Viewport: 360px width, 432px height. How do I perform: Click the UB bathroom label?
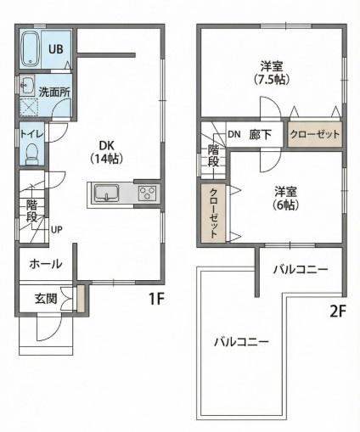pyautogui.click(x=56, y=49)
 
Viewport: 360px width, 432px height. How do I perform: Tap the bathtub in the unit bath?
pyautogui.click(x=31, y=49)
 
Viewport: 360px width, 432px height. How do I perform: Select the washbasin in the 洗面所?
pyautogui.click(x=28, y=85)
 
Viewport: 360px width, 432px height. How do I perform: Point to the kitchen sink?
pyautogui.click(x=107, y=193)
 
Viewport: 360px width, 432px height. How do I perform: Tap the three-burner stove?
pyautogui.click(x=147, y=194)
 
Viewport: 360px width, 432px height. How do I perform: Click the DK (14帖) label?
pyautogui.click(x=106, y=152)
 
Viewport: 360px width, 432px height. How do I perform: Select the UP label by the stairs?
pyautogui.click(x=57, y=230)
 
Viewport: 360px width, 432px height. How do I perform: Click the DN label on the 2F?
pyautogui.click(x=234, y=134)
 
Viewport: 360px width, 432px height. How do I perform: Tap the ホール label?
pyautogui.click(x=46, y=264)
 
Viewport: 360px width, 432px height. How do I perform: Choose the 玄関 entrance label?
pyautogui.click(x=46, y=299)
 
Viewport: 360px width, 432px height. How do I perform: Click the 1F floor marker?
pyautogui.click(x=156, y=299)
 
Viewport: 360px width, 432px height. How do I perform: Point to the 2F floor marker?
pyautogui.click(x=338, y=311)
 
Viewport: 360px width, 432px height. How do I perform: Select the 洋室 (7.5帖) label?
pyautogui.click(x=272, y=73)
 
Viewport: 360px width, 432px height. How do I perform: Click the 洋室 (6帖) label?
pyautogui.click(x=286, y=198)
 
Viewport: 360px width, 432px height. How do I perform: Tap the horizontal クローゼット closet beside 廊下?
pyautogui.click(x=315, y=134)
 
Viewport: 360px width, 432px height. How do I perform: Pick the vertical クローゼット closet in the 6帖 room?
pyautogui.click(x=213, y=213)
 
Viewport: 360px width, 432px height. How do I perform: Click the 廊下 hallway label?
pyautogui.click(x=260, y=135)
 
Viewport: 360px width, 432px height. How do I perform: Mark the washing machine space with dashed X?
pyautogui.click(x=29, y=107)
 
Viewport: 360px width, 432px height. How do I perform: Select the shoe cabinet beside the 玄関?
pyautogui.click(x=81, y=299)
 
